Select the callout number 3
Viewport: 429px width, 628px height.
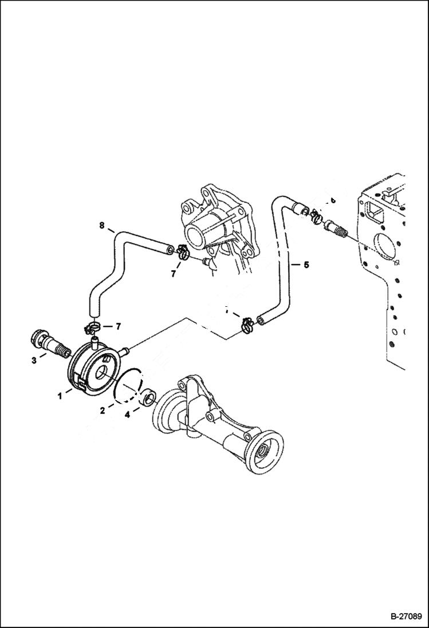coord(34,360)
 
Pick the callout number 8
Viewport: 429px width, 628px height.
coord(101,226)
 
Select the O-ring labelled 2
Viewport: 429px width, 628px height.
coord(128,384)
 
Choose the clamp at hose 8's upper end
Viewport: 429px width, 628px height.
coord(183,252)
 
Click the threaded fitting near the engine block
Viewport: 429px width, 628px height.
coord(337,232)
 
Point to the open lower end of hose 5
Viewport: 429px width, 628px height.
coord(262,318)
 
